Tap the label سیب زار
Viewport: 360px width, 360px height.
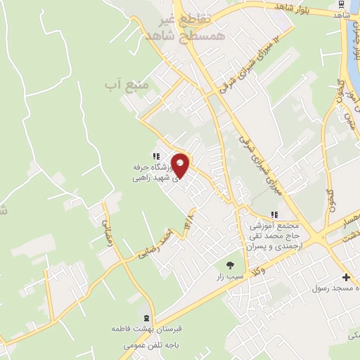point(231,276)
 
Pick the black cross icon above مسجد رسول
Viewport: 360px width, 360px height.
point(345,277)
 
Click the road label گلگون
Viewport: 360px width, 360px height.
point(341,99)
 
